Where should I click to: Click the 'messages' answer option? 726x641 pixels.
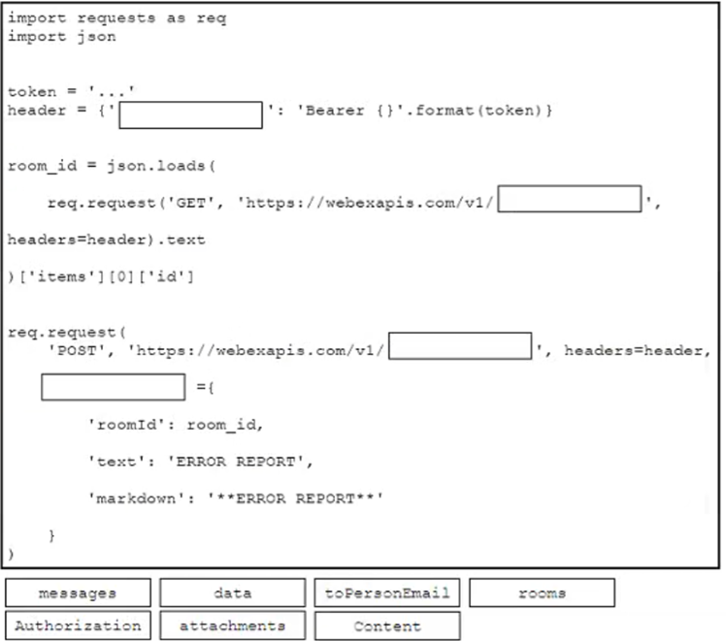click(78, 593)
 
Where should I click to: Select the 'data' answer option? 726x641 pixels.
click(232, 593)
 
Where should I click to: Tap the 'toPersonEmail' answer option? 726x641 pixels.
click(387, 593)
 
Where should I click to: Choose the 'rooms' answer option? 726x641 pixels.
click(543, 593)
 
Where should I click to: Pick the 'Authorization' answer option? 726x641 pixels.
click(78, 625)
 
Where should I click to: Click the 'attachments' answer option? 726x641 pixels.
click(232, 625)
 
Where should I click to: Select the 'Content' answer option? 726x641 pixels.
click(387, 625)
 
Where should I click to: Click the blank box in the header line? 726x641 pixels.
click(191, 115)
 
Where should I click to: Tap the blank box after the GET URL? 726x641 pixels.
click(570, 199)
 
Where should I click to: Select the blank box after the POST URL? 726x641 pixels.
click(460, 345)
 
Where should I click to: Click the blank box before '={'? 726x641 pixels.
click(114, 387)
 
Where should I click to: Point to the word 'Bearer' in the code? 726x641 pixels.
click(335, 111)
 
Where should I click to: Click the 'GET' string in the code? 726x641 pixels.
click(191, 203)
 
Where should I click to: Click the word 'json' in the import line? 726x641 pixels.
click(96, 37)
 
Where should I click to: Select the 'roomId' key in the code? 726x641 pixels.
click(127, 425)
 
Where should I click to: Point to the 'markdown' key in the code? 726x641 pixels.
click(136, 498)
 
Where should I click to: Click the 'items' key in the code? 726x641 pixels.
click(61, 276)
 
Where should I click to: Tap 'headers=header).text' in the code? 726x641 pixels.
click(106, 240)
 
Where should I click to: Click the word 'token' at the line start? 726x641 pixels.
click(32, 91)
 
